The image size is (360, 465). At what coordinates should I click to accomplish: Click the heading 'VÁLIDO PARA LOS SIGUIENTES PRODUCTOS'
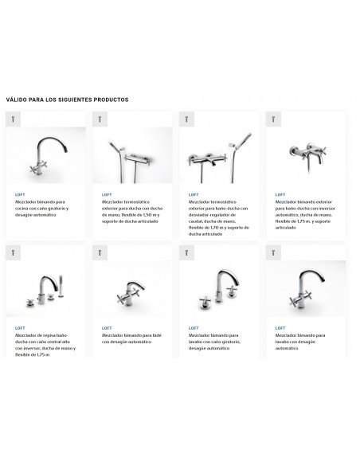[67, 100]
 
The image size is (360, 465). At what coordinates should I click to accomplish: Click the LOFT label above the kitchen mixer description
[20, 194]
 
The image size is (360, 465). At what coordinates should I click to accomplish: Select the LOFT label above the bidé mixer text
[107, 328]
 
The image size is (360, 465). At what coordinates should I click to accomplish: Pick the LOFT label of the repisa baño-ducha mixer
[20, 328]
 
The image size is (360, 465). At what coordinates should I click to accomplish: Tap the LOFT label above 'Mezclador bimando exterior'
[280, 194]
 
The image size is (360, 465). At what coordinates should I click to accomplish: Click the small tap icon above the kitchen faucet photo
[12, 119]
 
